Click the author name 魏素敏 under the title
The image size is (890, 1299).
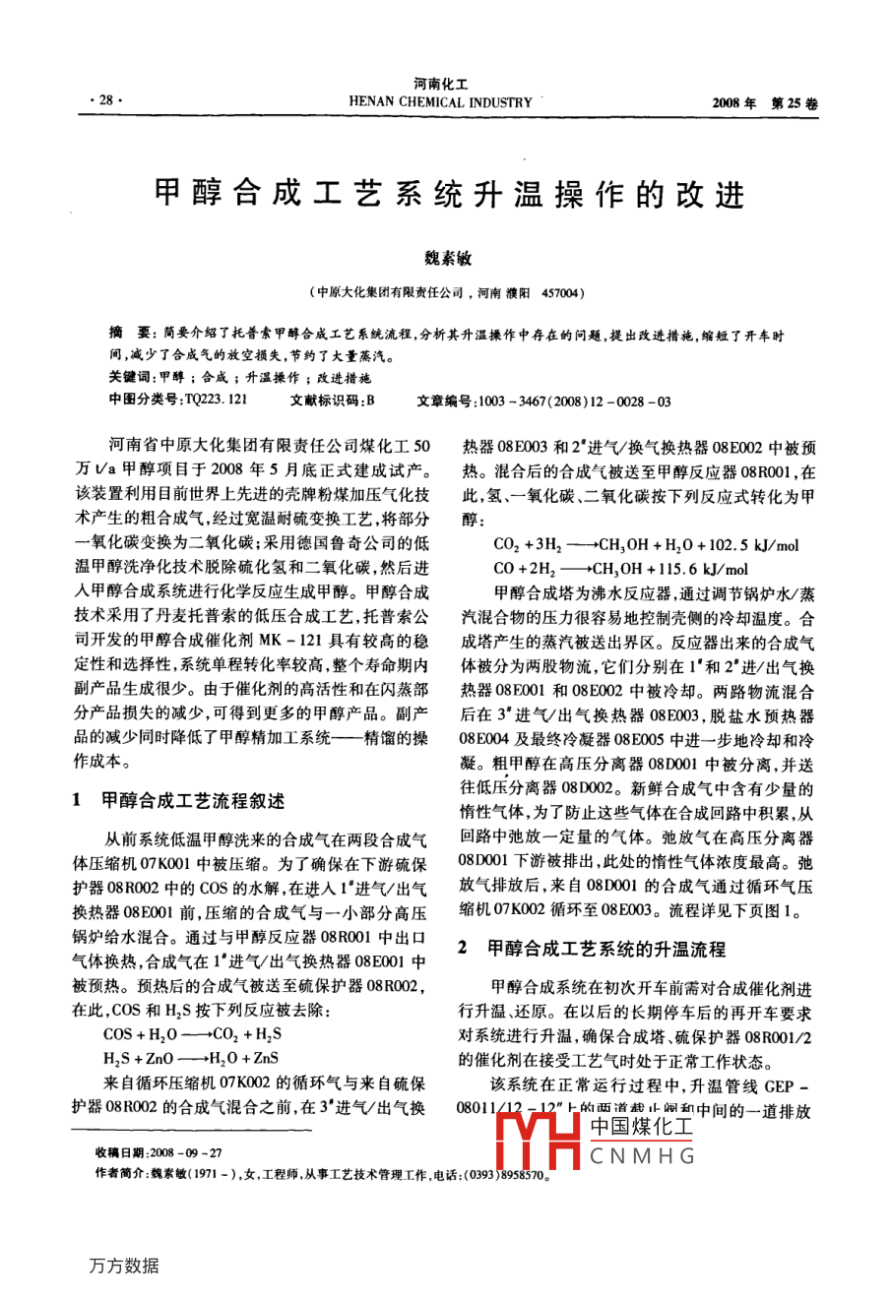(x=448, y=259)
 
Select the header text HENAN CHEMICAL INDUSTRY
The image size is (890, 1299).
(x=440, y=102)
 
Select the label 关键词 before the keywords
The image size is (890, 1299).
(x=130, y=377)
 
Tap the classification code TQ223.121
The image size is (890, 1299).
(x=215, y=401)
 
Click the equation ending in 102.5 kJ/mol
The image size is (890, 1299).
(x=646, y=544)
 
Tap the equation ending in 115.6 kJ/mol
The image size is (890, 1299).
(x=620, y=568)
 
